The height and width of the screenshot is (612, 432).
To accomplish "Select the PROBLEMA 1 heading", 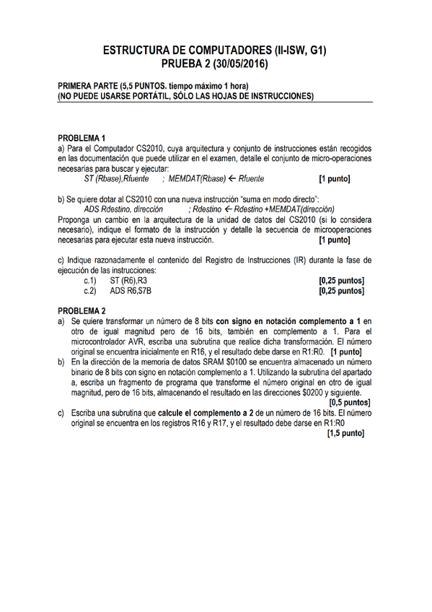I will pos(81,138).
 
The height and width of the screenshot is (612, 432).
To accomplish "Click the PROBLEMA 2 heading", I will pos(81,310).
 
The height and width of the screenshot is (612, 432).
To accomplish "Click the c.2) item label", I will pos(90,291).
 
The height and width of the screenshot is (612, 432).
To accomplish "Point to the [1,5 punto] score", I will pos(345,434).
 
